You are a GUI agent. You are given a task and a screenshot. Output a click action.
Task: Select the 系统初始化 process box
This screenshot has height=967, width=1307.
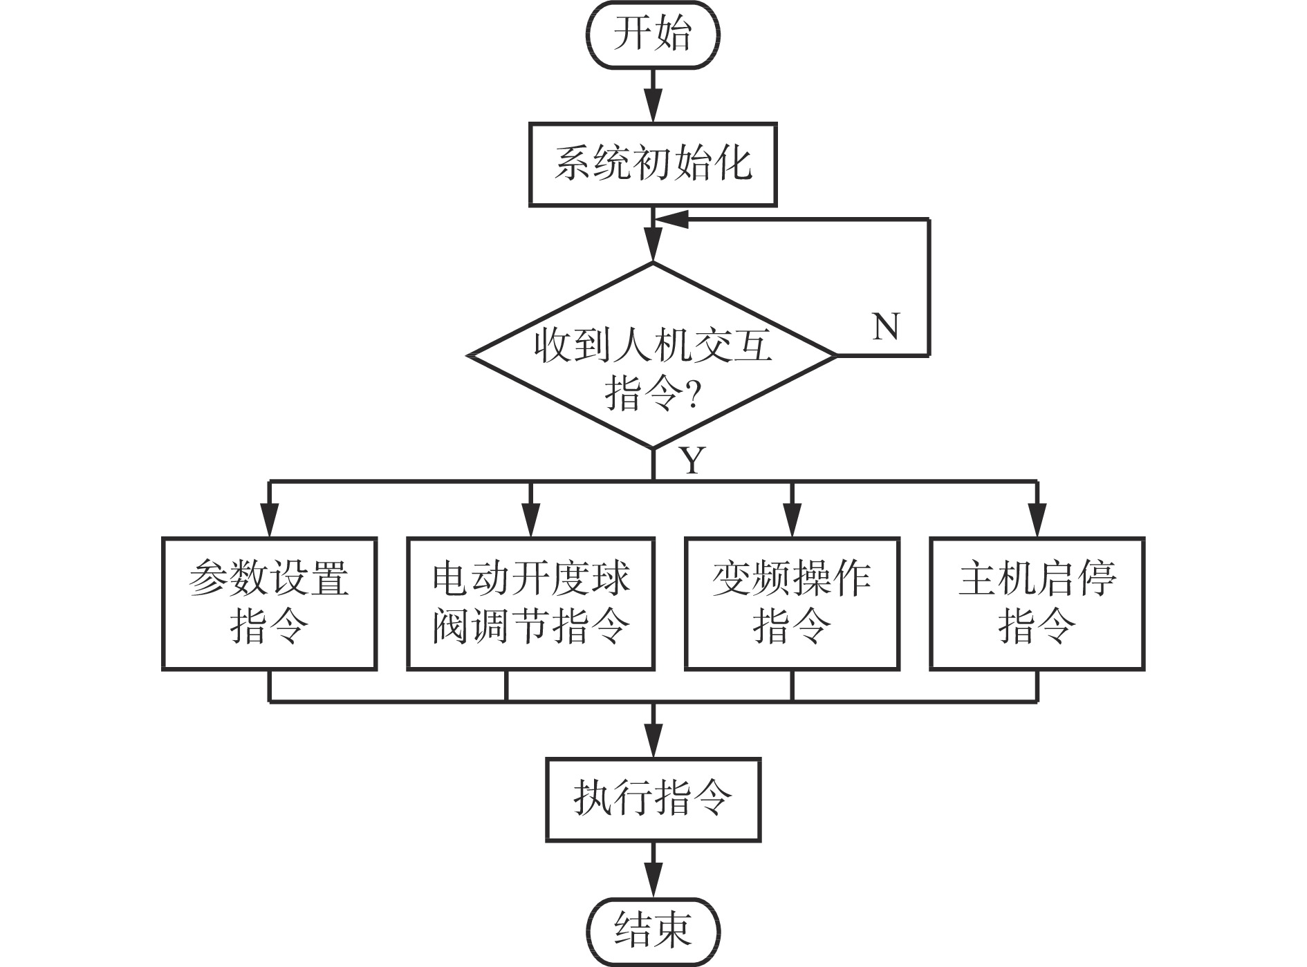(x=653, y=165)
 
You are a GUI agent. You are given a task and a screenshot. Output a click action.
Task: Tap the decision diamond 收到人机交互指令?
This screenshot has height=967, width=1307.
(x=653, y=357)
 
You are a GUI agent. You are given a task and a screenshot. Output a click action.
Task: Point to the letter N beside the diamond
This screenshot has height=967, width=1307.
(x=886, y=326)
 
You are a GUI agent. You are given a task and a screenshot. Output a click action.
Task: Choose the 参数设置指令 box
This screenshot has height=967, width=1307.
(x=269, y=603)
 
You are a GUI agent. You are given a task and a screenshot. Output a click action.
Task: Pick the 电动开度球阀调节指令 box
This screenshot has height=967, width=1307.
(x=530, y=603)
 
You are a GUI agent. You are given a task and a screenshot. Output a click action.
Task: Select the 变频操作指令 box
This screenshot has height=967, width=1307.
(x=792, y=603)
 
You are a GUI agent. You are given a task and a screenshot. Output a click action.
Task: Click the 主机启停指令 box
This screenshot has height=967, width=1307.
(x=1037, y=603)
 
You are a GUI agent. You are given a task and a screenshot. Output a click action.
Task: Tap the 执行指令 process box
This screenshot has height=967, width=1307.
(x=653, y=800)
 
